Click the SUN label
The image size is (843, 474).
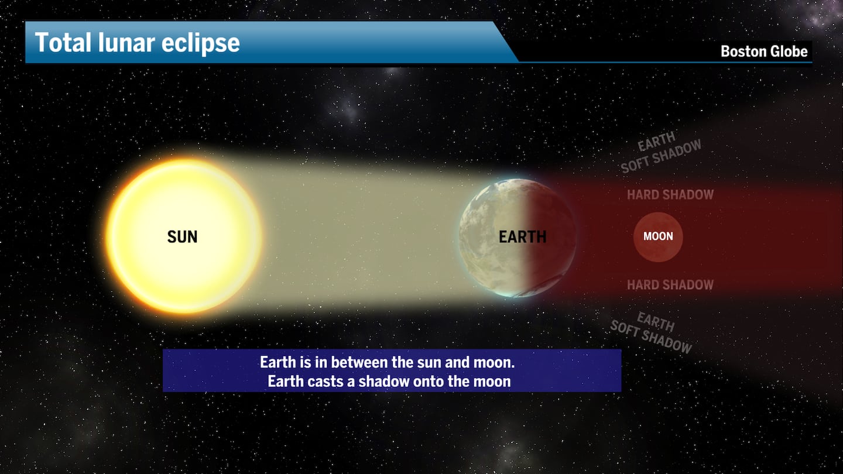(182, 237)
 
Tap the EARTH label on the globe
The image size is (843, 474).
(522, 237)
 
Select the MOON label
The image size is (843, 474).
(658, 236)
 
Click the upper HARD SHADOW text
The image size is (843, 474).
(670, 195)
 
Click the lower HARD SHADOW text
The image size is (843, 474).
(670, 285)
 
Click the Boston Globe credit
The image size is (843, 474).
(764, 51)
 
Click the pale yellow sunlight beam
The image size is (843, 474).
(363, 234)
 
